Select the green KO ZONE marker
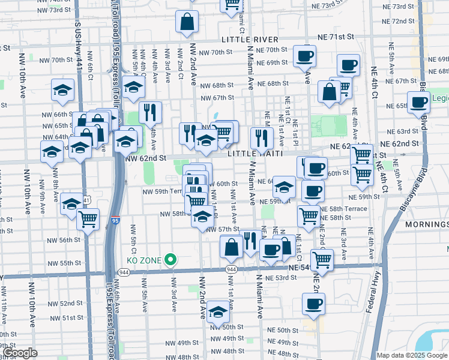coord(171,260)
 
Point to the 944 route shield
coord(231,269)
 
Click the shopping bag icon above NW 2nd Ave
coord(187,23)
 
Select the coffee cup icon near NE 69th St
coord(305,56)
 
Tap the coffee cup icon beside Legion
coord(418,103)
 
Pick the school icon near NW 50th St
coord(218,313)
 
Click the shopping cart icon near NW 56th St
coord(88,220)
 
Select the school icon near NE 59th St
coord(284,188)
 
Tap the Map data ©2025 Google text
coord(412,355)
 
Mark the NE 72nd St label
coord(406,22)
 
